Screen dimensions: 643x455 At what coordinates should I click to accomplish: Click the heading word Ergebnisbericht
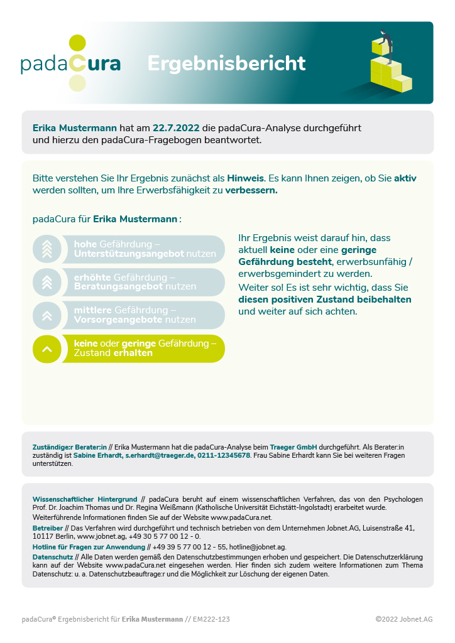point(226,63)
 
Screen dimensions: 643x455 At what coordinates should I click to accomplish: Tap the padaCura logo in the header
point(70,63)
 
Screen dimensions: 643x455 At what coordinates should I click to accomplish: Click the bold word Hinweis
point(246,178)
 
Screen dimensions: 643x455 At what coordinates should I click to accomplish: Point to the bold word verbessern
point(251,190)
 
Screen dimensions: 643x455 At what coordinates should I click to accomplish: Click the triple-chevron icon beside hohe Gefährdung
point(47,249)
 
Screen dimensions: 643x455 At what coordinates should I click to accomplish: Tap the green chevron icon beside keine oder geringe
point(47,349)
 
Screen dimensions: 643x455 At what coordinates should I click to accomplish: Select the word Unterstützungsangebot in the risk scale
point(129,254)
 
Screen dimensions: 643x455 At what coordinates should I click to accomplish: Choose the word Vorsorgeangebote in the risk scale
point(118,320)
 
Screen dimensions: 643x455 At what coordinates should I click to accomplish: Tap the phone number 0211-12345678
point(224,455)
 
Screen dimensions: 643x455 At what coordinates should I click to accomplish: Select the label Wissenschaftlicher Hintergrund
point(85,499)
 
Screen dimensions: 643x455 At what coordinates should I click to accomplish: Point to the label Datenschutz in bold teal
point(53,556)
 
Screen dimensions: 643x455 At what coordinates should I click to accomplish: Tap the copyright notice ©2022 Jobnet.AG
point(404,619)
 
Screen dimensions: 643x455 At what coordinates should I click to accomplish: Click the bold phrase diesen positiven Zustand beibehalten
point(325,300)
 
